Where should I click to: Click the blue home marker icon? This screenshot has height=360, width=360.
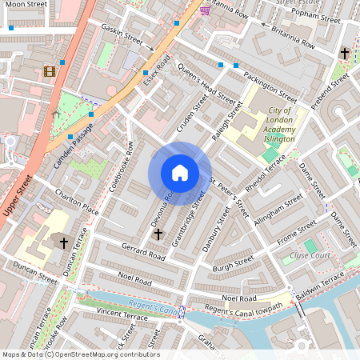click(x=180, y=173)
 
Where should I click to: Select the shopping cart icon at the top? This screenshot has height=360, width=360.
click(x=205, y=10)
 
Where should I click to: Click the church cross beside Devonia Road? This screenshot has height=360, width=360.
click(x=158, y=234)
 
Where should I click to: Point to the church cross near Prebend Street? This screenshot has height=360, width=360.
click(x=345, y=54)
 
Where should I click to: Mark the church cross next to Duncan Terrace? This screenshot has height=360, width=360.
click(x=63, y=241)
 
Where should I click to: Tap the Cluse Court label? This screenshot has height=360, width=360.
click(x=310, y=255)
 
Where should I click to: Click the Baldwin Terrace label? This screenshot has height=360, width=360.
click(x=319, y=286)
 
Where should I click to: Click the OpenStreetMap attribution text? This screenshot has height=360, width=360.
click(x=80, y=354)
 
